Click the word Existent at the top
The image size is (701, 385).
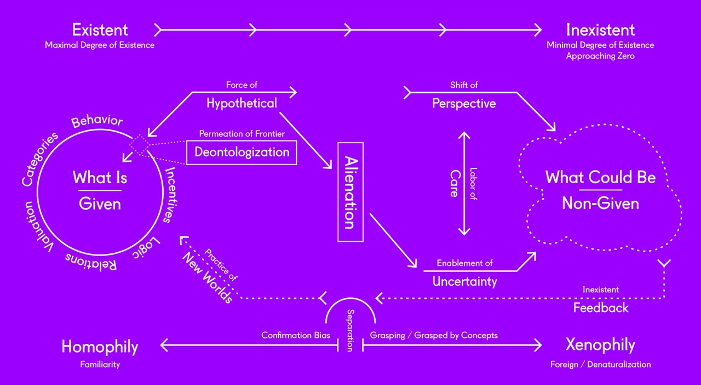click(100, 30)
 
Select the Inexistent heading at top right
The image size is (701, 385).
click(600, 30)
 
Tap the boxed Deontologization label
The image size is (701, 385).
click(242, 152)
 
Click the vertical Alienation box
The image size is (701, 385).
click(350, 192)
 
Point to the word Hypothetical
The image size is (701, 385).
click(242, 103)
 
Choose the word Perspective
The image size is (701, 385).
click(464, 103)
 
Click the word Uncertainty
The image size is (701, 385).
click(464, 281)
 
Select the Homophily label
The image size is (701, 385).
click(100, 347)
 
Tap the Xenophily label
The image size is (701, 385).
click(600, 345)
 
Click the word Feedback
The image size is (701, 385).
click(601, 308)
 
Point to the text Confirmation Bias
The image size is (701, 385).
click(296, 335)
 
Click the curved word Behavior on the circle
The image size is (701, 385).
click(97, 121)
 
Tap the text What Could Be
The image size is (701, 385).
click(600, 178)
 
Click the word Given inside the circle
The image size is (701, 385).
click(100, 204)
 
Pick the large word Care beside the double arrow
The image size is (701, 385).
click(454, 183)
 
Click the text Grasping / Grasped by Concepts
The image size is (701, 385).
click(434, 335)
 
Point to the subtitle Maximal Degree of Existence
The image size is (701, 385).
click(100, 45)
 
